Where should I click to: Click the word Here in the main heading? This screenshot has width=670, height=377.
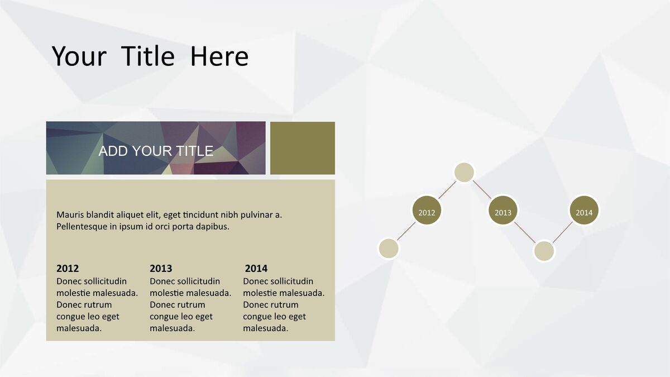pyautogui.click(x=219, y=56)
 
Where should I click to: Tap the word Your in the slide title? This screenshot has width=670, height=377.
pyautogui.click(x=79, y=56)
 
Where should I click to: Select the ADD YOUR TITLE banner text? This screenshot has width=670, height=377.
pyautogui.click(x=156, y=151)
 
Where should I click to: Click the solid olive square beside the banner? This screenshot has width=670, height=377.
pyautogui.click(x=303, y=148)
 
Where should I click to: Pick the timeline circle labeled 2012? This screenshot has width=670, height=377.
pyautogui.click(x=427, y=210)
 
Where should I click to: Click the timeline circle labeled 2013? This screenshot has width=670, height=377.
pyautogui.click(x=503, y=210)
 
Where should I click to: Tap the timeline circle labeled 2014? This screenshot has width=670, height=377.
pyautogui.click(x=584, y=210)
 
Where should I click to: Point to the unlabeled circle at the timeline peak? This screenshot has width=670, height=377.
pyautogui.click(x=464, y=172)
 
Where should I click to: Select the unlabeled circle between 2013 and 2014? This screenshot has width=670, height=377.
pyautogui.click(x=544, y=251)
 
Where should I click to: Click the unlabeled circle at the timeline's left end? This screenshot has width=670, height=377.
pyautogui.click(x=389, y=249)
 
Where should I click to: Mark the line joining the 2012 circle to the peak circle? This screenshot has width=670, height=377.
pyautogui.click(x=447, y=190)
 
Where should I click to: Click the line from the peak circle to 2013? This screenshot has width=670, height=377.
pyautogui.click(x=482, y=190)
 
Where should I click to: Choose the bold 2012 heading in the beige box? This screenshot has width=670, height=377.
pyautogui.click(x=68, y=269)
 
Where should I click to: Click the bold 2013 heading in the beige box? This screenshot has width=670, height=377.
pyautogui.click(x=161, y=269)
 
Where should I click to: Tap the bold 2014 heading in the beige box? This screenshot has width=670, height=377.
pyautogui.click(x=256, y=269)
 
